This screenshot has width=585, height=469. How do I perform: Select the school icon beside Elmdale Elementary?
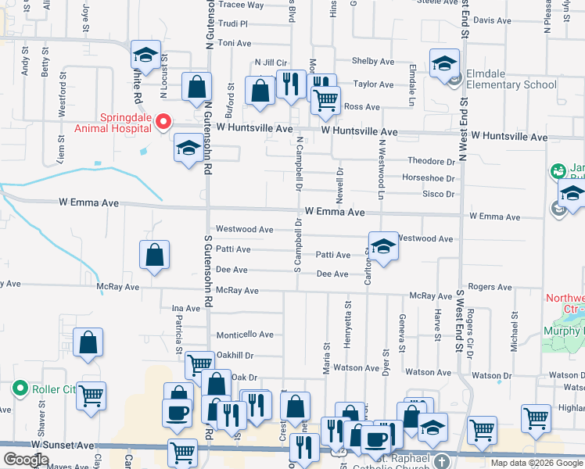[444, 64]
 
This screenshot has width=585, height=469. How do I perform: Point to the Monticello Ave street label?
[245, 335]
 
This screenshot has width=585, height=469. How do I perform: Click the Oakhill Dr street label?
[235, 355]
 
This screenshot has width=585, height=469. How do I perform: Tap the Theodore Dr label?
[431, 161]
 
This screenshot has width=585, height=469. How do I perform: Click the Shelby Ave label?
[373, 61]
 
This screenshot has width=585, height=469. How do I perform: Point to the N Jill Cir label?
[271, 63]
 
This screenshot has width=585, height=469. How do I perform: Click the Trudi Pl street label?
[232, 24]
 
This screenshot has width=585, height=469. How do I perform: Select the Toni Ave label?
[234, 43]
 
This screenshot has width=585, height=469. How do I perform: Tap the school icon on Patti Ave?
[383, 247]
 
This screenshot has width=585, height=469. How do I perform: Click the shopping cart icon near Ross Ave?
[325, 99]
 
